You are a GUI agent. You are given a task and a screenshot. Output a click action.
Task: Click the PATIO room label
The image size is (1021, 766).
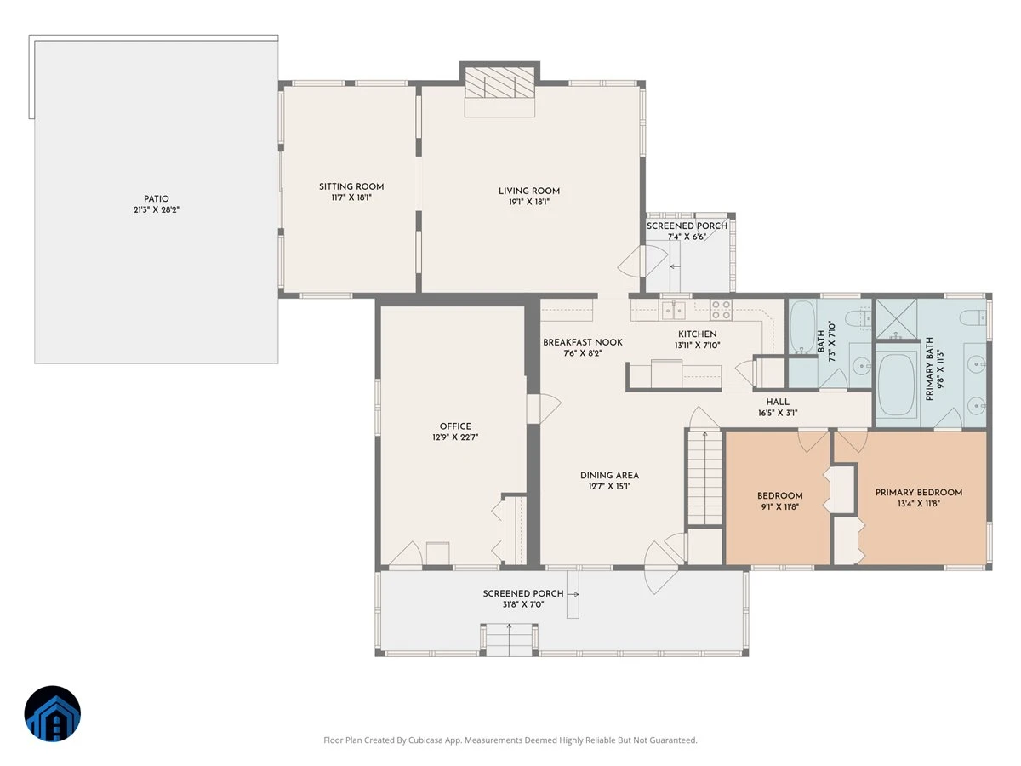[156, 198]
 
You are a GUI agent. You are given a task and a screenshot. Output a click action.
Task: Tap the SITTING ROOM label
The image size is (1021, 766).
[351, 186]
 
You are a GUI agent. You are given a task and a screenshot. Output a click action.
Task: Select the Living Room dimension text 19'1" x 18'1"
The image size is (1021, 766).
[529, 202]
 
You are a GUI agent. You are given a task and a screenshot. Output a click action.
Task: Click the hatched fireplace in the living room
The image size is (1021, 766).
[499, 83]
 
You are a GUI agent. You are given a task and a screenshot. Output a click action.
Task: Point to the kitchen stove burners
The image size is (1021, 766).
[721, 310]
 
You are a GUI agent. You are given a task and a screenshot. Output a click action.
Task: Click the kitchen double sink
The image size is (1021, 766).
[674, 310]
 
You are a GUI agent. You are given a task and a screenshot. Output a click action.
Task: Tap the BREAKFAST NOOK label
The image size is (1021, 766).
[582, 342]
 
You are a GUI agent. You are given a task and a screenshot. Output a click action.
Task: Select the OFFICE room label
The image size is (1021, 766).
[455, 426]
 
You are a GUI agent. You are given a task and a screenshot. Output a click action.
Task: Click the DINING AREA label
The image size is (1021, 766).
[609, 475]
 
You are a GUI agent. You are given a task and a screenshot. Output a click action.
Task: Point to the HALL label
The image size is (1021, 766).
[778, 402]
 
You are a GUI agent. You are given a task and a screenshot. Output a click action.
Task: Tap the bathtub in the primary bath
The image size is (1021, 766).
[896, 385]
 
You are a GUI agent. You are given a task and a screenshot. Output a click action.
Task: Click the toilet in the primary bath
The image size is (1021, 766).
[973, 317]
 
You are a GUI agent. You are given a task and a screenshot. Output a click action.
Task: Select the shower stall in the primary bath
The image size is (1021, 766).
[896, 319]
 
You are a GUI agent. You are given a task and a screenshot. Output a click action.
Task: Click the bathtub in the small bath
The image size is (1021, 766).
[802, 327]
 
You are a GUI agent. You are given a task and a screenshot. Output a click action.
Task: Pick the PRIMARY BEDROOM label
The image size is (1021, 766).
[919, 493]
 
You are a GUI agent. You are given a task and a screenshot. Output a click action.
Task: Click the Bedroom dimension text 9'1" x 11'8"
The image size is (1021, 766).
[779, 507]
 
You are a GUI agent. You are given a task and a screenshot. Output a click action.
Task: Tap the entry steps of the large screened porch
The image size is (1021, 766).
[509, 640]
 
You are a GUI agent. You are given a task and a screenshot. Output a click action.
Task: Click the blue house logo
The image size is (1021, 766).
[53, 713]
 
